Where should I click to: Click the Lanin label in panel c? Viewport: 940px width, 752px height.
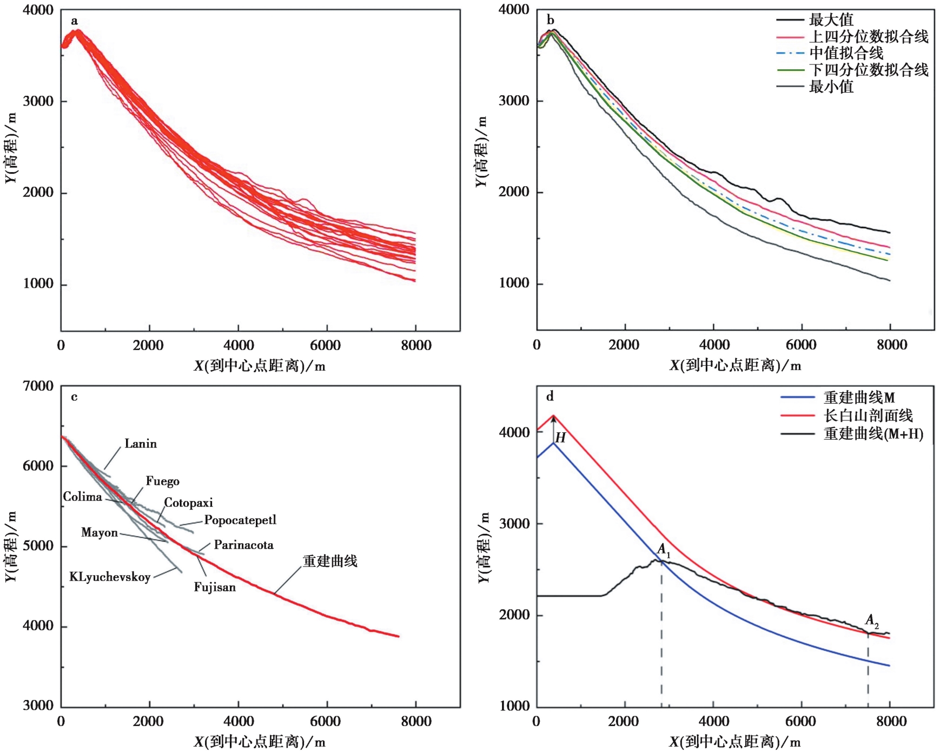[141, 444]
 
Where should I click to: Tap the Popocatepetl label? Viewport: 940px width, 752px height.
[240, 520]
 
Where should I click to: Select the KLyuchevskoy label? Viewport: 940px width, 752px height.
[110, 577]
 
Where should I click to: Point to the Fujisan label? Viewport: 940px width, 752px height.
[215, 588]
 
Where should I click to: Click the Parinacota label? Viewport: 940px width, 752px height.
[243, 545]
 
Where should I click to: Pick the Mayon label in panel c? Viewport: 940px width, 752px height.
[100, 533]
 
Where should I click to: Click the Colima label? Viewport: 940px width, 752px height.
[82, 497]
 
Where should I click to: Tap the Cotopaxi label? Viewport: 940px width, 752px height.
[188, 503]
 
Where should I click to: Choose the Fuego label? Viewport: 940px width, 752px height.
[162, 481]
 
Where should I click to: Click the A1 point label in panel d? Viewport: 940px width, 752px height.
[664, 550]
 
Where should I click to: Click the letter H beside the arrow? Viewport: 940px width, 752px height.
[561, 438]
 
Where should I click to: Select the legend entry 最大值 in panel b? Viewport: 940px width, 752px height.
[831, 20]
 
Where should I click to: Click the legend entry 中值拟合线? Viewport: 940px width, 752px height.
[846, 53]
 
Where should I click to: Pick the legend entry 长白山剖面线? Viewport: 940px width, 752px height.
[868, 415]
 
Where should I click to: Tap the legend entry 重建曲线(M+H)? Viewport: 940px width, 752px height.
[873, 434]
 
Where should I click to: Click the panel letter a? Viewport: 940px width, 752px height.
[74, 21]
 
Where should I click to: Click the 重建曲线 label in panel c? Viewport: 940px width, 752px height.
[330, 561]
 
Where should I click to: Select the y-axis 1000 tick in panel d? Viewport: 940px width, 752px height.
[514, 706]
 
